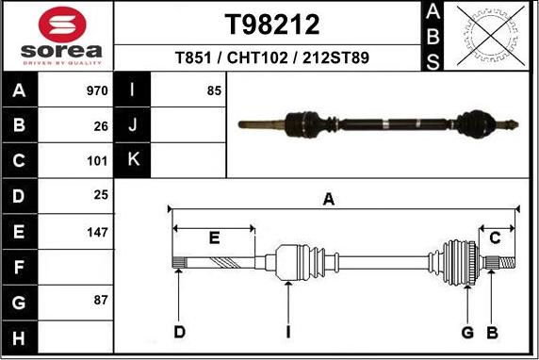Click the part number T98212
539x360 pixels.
[x=272, y=24]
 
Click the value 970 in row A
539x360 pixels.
[x=97, y=91]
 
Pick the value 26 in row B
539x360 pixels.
[x=101, y=125]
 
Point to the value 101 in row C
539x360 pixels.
[x=97, y=160]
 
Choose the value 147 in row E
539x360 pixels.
[x=97, y=231]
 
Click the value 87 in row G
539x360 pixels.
[x=101, y=302]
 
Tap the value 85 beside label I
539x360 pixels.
[x=214, y=91]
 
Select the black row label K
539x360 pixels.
[x=133, y=160]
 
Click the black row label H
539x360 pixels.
[x=20, y=336]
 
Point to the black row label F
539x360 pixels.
[x=20, y=267]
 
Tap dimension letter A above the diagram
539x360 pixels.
[x=329, y=199]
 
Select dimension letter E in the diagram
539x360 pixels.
[x=214, y=237]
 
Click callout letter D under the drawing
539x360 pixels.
[x=179, y=332]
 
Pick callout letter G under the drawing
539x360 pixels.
[x=466, y=332]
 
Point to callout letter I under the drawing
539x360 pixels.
[x=288, y=332]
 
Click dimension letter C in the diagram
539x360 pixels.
[x=495, y=237]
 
